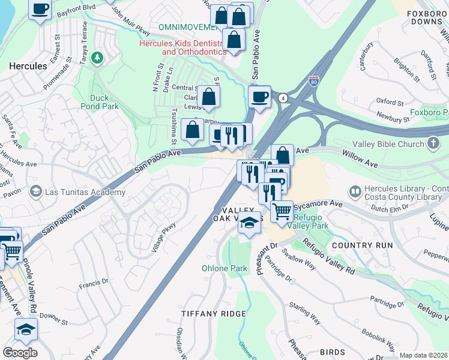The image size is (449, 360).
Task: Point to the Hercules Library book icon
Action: coord(355,192)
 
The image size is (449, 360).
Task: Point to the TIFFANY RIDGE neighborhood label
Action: coord(214,314)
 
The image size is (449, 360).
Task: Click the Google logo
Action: coord(20,352)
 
